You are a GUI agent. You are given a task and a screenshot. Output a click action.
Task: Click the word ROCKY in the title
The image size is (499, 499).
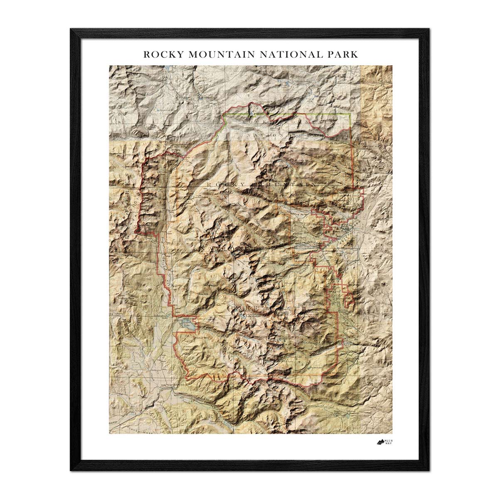[x=159, y=54]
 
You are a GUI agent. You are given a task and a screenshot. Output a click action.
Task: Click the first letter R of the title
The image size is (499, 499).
[x=146, y=54]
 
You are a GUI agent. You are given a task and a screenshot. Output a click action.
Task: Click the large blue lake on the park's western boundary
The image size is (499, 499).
[x=187, y=324]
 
